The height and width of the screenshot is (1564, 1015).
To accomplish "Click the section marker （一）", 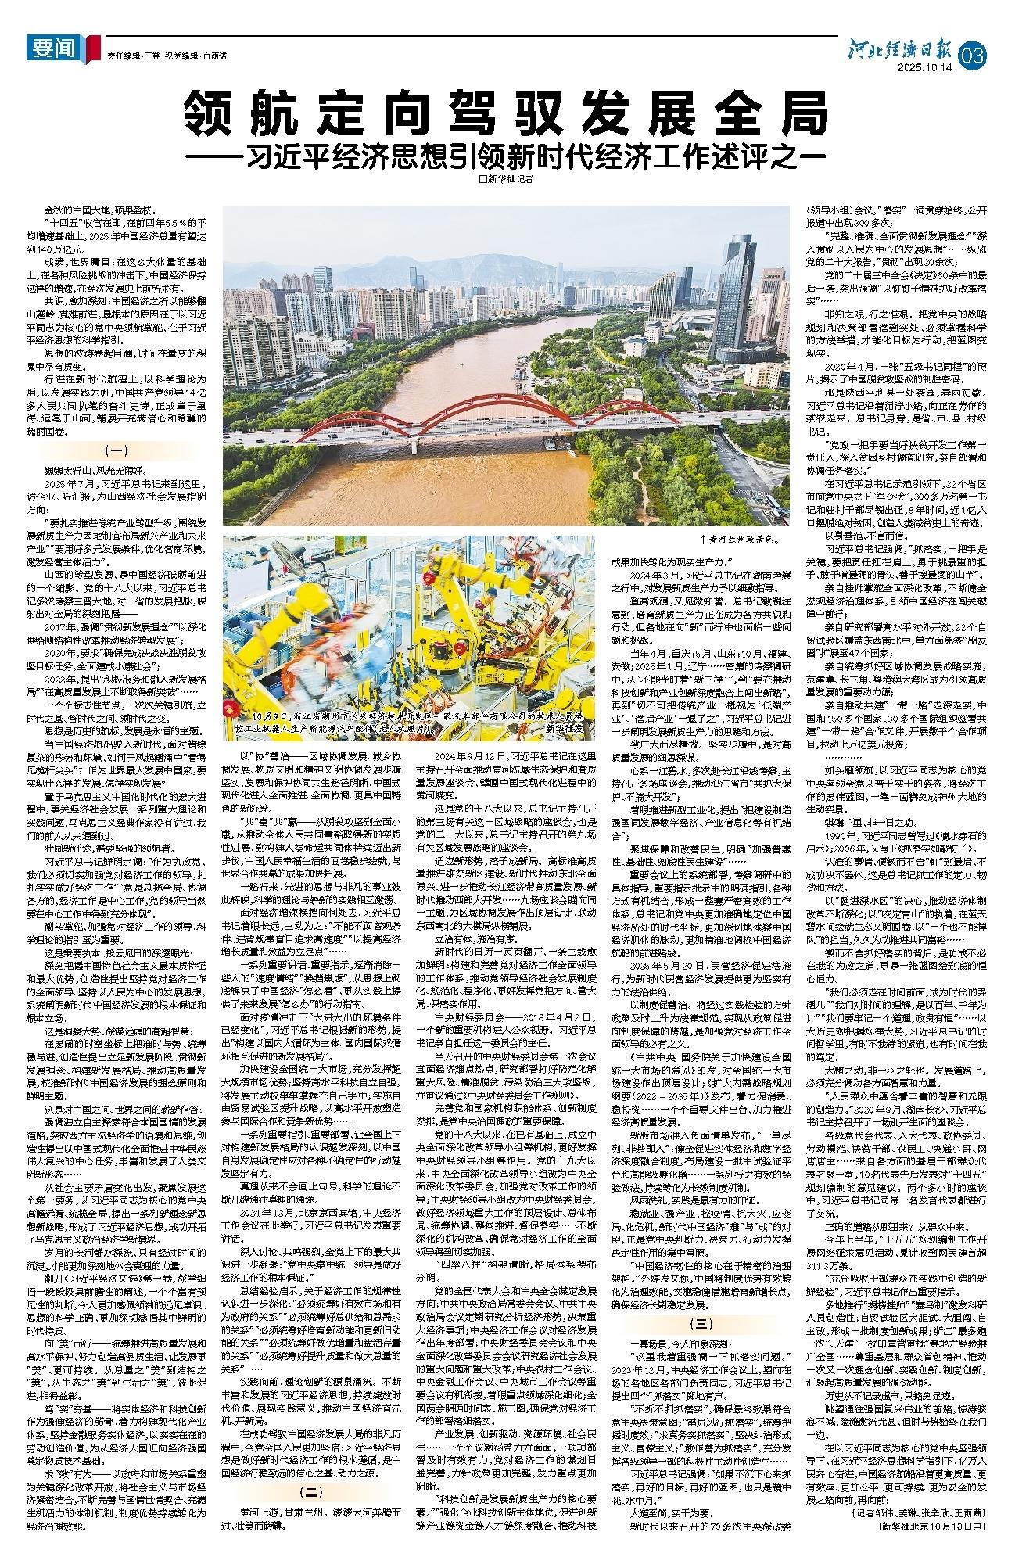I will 117,451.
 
